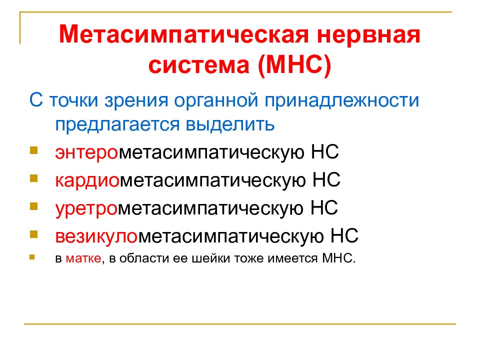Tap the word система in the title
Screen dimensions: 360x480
point(200,65)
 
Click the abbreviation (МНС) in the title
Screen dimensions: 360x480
point(294,65)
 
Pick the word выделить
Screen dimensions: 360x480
point(235,123)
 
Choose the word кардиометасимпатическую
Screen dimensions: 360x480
point(180,179)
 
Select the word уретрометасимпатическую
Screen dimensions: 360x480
point(179,207)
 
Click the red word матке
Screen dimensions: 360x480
point(83,259)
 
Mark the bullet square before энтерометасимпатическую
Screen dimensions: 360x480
point(33,150)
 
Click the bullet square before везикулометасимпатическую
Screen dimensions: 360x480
point(33,233)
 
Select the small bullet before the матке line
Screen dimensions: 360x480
point(32,258)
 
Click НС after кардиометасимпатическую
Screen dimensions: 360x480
point(326,179)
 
